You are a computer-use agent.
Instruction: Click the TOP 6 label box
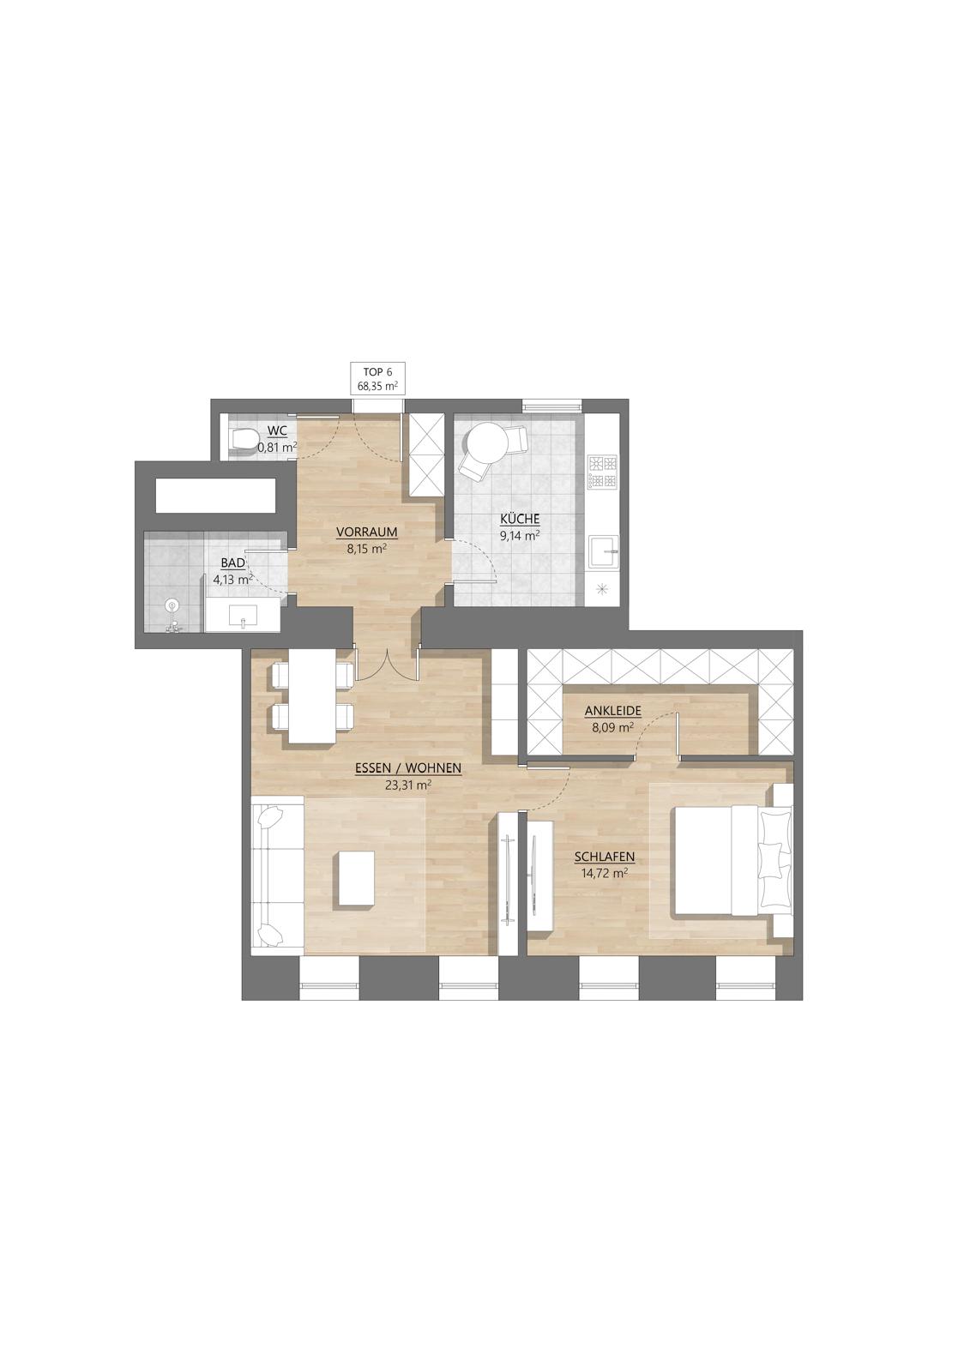[377, 378]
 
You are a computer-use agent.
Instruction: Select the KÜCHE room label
[520, 520]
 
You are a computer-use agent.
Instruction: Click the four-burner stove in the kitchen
[602, 472]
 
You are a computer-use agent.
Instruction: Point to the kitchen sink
[604, 553]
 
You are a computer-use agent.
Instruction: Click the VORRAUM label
[367, 533]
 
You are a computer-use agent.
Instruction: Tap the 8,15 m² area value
[366, 549]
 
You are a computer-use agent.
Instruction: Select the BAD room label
[232, 563]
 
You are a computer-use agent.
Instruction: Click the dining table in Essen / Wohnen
[311, 696]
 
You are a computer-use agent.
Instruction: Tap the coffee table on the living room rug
[353, 880]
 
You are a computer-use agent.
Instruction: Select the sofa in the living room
[278, 875]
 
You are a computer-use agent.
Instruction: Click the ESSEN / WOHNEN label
[408, 768]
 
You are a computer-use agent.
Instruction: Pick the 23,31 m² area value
[408, 785]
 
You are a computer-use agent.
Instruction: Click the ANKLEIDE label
[612, 711]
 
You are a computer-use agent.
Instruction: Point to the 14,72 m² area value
[604, 873]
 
